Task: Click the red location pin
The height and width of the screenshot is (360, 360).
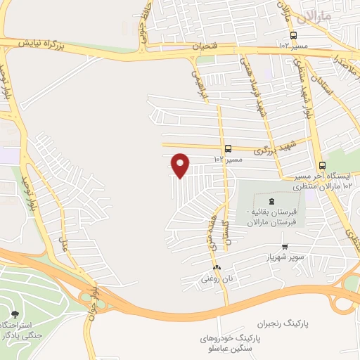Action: tap(181, 165)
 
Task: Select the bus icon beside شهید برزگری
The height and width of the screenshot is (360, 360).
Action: tap(228, 148)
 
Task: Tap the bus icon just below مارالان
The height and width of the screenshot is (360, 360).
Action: tap(293, 36)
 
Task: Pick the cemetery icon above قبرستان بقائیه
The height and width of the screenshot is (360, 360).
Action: tap(272, 202)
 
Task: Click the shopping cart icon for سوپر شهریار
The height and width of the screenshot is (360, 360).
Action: tap(284, 246)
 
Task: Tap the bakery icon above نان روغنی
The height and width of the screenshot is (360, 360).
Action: tap(217, 268)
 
